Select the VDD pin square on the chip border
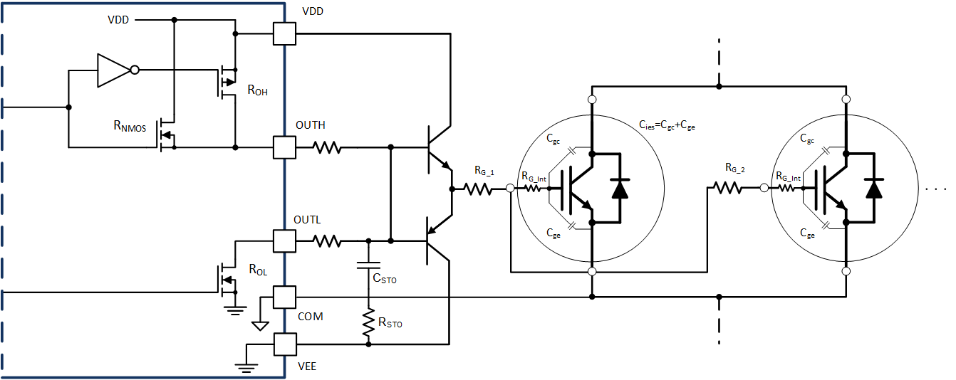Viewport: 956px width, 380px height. (x=284, y=33)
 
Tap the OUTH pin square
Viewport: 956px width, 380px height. (x=284, y=148)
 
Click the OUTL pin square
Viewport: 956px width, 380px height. (x=284, y=241)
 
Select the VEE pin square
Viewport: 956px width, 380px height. (x=284, y=345)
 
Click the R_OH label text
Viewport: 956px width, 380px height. (x=258, y=91)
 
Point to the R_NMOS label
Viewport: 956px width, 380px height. (x=130, y=127)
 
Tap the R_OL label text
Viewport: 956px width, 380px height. (x=257, y=270)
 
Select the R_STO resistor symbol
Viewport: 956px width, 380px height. (x=368, y=322)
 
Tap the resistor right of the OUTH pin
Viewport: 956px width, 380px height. (x=328, y=148)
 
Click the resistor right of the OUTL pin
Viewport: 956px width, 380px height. (x=328, y=241)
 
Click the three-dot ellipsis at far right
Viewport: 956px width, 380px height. (x=935, y=190)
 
